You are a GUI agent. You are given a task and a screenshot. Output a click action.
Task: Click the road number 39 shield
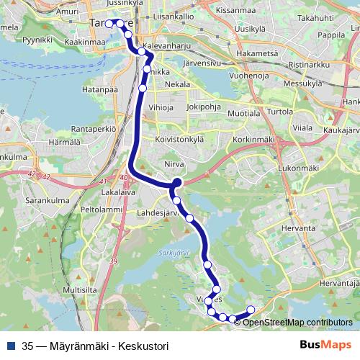pos(114,261)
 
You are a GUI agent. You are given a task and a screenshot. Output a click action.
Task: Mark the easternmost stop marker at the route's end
pos(251,310)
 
